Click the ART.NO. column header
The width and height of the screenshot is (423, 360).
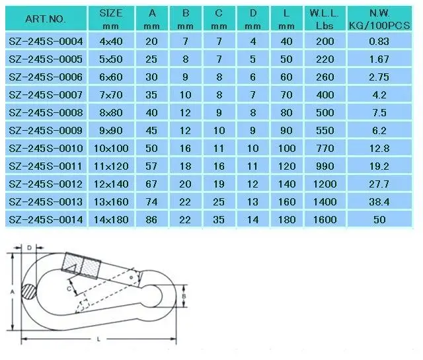point(46,19)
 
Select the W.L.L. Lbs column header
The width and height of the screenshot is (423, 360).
point(325,19)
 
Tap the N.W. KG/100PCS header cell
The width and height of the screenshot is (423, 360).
point(379,19)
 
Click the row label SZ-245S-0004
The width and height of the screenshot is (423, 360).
point(46,42)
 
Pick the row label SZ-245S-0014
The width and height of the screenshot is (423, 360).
point(46,220)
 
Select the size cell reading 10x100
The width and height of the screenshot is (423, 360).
point(111,149)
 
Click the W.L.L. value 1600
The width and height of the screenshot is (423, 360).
point(325,220)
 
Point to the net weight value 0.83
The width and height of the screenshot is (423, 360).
point(379,42)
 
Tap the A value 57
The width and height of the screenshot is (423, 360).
point(151,166)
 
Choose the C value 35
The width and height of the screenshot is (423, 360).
point(219,220)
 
